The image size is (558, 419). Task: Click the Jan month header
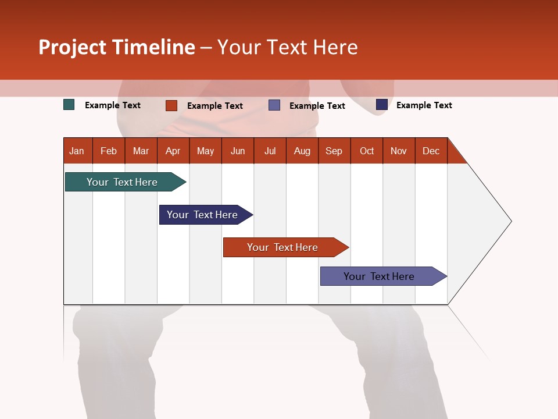[77, 151]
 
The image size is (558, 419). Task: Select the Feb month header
[109, 151]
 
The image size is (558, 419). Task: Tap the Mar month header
[141, 151]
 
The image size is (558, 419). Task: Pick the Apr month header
[173, 151]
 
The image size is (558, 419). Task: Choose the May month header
[205, 151]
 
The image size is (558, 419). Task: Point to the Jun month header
[238, 151]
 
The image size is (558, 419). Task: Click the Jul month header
[270, 151]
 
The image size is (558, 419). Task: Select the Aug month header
[302, 151]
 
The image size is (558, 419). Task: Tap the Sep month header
[334, 151]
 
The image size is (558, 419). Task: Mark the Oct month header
[367, 151]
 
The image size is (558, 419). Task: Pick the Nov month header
[399, 151]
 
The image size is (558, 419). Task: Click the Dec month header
[431, 151]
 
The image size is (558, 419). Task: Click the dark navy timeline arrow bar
[204, 215]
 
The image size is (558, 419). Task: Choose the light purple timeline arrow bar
[381, 276]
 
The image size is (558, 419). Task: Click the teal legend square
[69, 105]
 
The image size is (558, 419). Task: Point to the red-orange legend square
[171, 105]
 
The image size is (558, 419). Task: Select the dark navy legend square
[382, 105]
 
